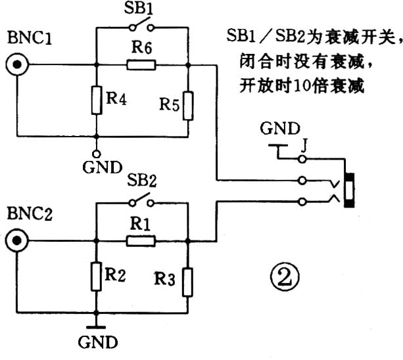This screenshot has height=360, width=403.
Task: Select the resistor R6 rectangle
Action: pyautogui.click(x=141, y=64)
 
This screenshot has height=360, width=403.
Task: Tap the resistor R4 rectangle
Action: pyautogui.click(x=97, y=100)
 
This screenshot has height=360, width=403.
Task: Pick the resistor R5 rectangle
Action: pyautogui.click(x=188, y=106)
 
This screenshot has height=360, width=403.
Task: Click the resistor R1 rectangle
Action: pyautogui.click(x=141, y=241)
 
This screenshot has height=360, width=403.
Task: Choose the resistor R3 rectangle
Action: pyautogui.click(x=188, y=281)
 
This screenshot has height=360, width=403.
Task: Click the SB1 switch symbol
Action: pyautogui.click(x=141, y=28)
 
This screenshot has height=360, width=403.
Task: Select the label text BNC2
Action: pyautogui.click(x=26, y=214)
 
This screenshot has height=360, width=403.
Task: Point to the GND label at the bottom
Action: pyautogui.click(x=98, y=342)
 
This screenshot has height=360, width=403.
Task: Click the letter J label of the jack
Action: pyautogui.click(x=305, y=141)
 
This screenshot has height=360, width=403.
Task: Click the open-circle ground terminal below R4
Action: pyautogui.click(x=97, y=141)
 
